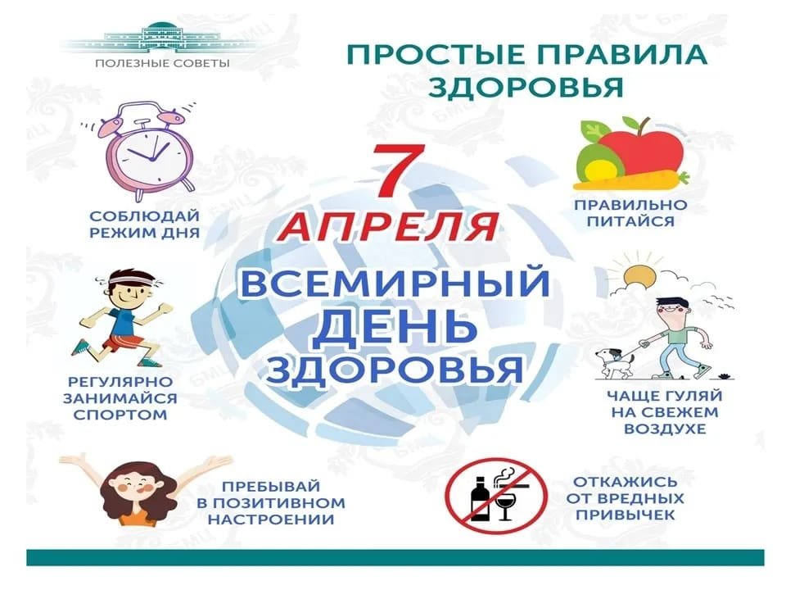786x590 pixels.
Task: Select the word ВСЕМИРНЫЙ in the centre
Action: (x=395, y=283)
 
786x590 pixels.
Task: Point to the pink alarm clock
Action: (x=148, y=146)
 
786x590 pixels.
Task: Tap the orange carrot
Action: (x=631, y=180)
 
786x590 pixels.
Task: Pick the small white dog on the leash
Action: (x=615, y=362)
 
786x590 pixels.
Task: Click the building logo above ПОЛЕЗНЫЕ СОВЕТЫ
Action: (x=161, y=39)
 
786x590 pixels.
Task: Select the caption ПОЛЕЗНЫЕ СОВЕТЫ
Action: (x=162, y=64)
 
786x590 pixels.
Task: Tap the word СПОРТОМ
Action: (x=120, y=415)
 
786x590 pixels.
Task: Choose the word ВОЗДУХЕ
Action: (x=665, y=429)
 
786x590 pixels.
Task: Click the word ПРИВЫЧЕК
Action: (x=625, y=515)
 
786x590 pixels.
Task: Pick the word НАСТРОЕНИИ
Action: (x=271, y=519)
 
